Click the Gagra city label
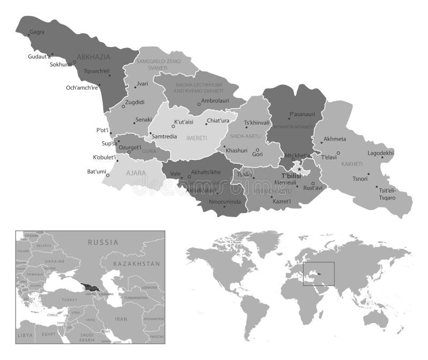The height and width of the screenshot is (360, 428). [x=37, y=32]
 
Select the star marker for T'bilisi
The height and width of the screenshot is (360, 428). [x=300, y=170]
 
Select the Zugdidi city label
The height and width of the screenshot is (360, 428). [x=135, y=102]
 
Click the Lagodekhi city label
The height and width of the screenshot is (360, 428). [x=380, y=153]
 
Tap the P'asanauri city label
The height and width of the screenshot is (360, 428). [x=302, y=114]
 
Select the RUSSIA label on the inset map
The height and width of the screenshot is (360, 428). [x=103, y=242]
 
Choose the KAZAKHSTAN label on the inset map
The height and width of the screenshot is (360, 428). [x=137, y=264]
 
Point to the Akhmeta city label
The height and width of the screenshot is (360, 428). [x=335, y=139]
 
